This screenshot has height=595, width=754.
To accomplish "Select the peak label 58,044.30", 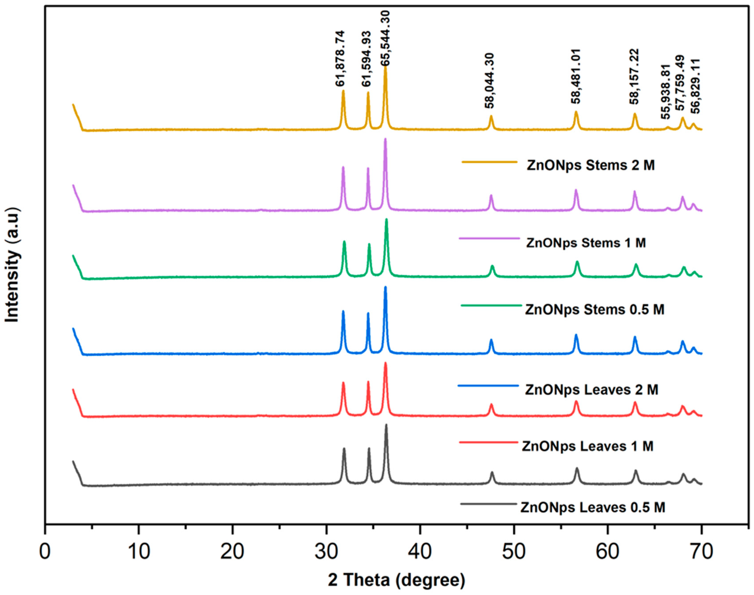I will tap(490, 81).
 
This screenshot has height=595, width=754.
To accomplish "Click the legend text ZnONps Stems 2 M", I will tap(590, 165).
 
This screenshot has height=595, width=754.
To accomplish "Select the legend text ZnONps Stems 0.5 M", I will tap(595, 309).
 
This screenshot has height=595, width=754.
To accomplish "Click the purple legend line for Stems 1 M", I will tap(489, 238).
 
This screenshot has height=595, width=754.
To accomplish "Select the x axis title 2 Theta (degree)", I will tap(396, 580).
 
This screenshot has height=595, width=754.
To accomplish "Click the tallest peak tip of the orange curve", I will tap(385, 66).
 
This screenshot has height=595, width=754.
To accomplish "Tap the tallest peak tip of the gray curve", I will tap(386, 425).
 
